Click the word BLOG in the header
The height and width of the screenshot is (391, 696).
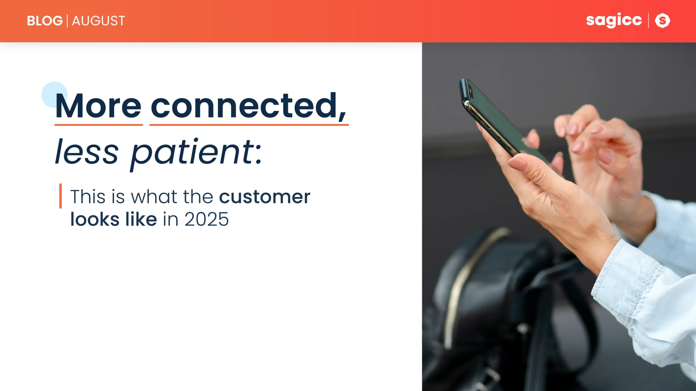click(45, 21)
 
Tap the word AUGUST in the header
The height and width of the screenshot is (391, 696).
click(98, 21)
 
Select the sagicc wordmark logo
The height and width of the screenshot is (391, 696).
click(614, 20)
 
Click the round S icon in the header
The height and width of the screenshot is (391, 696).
click(662, 21)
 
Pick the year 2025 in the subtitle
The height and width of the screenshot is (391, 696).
click(207, 219)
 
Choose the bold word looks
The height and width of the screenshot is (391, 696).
click(95, 219)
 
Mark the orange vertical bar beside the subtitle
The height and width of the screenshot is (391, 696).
click(60, 196)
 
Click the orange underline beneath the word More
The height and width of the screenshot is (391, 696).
click(98, 125)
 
